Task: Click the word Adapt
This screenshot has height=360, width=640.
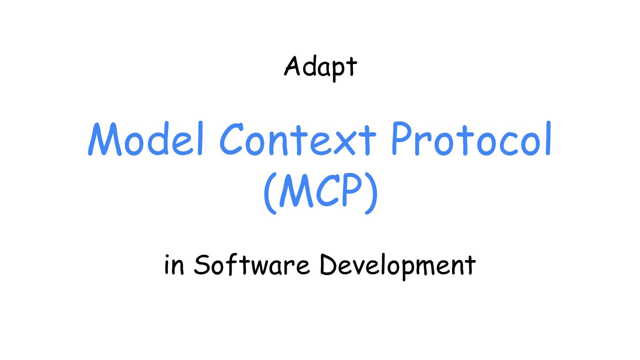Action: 320,68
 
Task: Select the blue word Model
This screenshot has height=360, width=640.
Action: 146,139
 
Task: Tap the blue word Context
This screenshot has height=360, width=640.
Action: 298,139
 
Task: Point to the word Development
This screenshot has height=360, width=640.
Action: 398,266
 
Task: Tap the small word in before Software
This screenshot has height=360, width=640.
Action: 174,265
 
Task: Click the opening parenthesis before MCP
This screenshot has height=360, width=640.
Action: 270,193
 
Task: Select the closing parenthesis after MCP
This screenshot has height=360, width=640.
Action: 372,193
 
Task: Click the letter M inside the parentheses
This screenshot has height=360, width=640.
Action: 296,191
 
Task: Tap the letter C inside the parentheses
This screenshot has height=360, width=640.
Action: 328,191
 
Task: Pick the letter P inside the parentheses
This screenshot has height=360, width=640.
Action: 352,190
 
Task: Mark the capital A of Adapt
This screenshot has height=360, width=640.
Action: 292,66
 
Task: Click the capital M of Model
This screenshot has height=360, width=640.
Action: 105,139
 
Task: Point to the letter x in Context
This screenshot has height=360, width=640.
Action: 344,142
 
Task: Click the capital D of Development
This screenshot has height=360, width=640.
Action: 330,264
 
